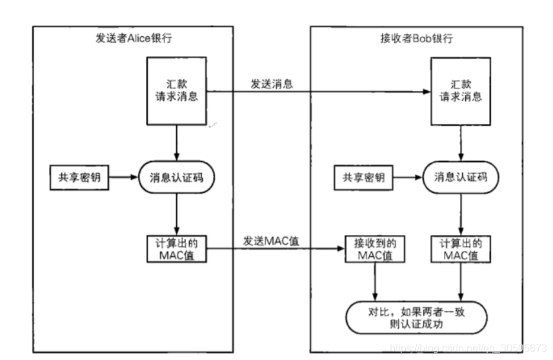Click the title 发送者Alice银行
pyautogui.click(x=134, y=38)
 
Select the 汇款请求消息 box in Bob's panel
pyautogui.click(x=460, y=90)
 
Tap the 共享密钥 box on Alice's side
pyautogui.click(x=76, y=177)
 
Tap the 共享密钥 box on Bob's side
pyautogui.click(x=359, y=177)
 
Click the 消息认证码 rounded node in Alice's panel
pyautogui.click(x=176, y=177)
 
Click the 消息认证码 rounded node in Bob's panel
pyautogui.click(x=460, y=177)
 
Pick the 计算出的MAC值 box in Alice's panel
pyautogui.click(x=176, y=249)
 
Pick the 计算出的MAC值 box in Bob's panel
pyautogui.click(x=460, y=249)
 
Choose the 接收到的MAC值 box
pyautogui.click(x=375, y=249)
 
